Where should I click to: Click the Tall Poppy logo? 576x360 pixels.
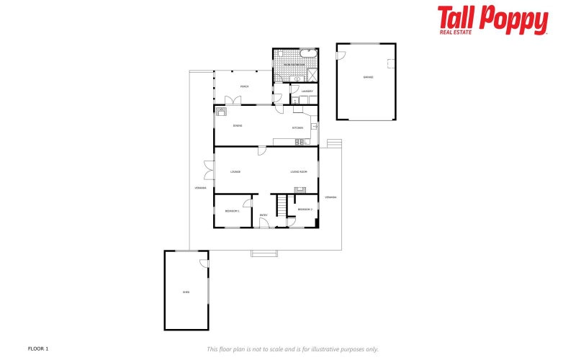492,20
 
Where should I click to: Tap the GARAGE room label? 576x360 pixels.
367,76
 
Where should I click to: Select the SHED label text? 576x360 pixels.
186,292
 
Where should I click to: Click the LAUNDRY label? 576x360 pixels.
305,91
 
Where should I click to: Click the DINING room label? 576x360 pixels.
237,126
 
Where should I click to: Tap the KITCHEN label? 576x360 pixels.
297,127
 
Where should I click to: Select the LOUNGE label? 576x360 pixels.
235,171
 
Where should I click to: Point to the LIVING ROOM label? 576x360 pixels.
299,171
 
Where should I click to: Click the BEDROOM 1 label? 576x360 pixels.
232,211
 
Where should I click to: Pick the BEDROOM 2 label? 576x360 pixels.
305,209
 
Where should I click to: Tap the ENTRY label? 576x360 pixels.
264,215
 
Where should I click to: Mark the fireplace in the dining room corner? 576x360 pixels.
221,111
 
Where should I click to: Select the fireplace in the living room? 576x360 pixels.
300,190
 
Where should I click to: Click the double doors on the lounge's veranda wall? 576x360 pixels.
209,171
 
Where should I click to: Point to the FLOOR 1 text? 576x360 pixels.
37,348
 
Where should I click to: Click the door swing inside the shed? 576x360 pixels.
204,266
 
